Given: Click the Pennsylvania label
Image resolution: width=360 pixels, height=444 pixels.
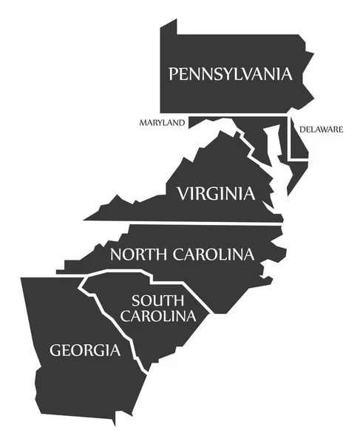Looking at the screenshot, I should click(231, 73).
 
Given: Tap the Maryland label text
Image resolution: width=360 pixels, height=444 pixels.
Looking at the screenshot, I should click(161, 123).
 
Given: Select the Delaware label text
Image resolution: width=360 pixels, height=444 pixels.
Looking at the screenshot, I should click(321, 129).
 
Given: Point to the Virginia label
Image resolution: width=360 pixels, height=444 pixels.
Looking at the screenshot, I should click(215, 194).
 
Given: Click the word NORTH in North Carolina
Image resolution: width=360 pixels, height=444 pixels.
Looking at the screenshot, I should click(140, 255).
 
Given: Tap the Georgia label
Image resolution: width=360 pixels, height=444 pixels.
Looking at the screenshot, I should click(84, 349).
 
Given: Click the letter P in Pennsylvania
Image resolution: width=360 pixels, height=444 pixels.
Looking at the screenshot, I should click(174, 74).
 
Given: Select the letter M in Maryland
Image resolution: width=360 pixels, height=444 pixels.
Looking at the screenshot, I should click(142, 123).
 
